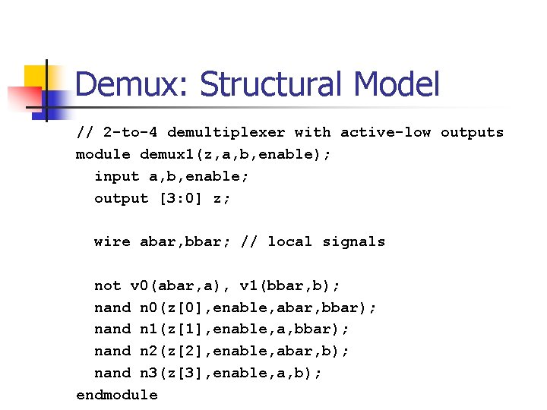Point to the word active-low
click(385, 132)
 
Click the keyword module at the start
click(103, 154)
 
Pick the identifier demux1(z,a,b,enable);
click(235, 154)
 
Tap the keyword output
click(122, 198)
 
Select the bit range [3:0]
click(180, 198)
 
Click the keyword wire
click(112, 241)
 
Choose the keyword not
click(108, 285)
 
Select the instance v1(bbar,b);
click(289, 285)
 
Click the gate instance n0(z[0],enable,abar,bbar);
click(258, 307)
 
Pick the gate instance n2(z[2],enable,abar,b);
click(245, 351)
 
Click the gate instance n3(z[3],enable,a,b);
click(231, 373)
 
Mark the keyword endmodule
click(117, 395)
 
